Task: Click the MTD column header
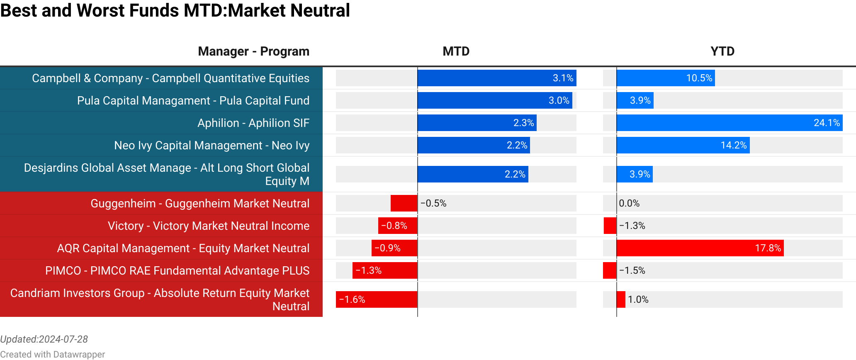pyautogui.click(x=456, y=51)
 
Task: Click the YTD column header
pyautogui.click(x=722, y=51)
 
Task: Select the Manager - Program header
pyautogui.click(x=253, y=51)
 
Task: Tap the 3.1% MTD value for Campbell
pyautogui.click(x=563, y=78)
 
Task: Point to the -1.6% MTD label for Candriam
pyautogui.click(x=352, y=299)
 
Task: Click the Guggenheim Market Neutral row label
pyautogui.click(x=200, y=203)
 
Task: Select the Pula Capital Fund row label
pyautogui.click(x=193, y=100)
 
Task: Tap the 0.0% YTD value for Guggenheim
pyautogui.click(x=629, y=203)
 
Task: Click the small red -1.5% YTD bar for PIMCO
pyautogui.click(x=610, y=270)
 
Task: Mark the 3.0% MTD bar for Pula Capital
pyautogui.click(x=494, y=100)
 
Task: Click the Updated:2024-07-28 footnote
pyautogui.click(x=44, y=339)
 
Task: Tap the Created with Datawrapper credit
pyautogui.click(x=52, y=354)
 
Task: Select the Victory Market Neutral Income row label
pyautogui.click(x=209, y=226)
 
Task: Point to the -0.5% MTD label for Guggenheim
pyautogui.click(x=433, y=203)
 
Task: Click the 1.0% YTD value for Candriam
pyautogui.click(x=638, y=299)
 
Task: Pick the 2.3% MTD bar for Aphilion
pyautogui.click(x=477, y=123)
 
